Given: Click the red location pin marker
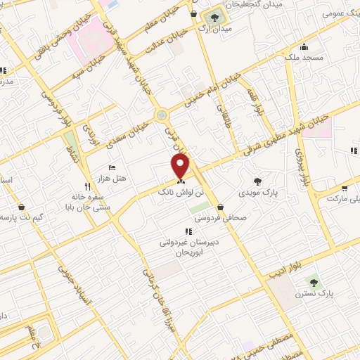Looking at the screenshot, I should point(181,165).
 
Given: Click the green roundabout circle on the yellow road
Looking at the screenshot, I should point(162,112).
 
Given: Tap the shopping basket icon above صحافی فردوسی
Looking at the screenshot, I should point(220,207).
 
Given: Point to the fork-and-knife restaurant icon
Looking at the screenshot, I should point(88,187).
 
